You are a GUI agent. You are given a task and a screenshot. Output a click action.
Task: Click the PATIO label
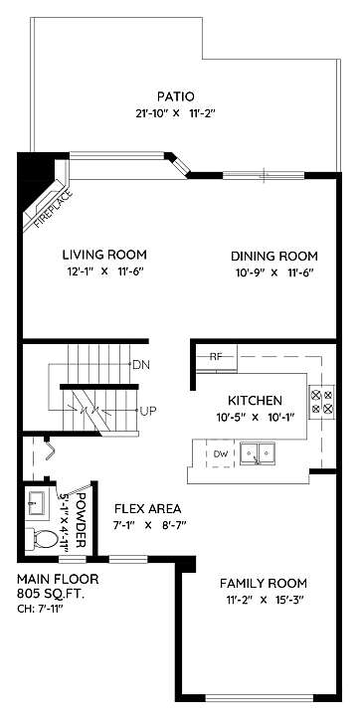tap(176, 96)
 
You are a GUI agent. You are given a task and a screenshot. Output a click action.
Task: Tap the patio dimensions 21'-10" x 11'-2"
tap(176, 113)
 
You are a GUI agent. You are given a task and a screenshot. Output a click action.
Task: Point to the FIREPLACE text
tap(54, 208)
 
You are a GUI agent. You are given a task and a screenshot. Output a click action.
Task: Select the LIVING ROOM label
tap(104, 255)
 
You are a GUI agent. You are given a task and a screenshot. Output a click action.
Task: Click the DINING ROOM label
tap(274, 256)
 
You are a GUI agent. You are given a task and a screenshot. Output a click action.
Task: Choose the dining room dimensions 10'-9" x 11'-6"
tap(274, 272)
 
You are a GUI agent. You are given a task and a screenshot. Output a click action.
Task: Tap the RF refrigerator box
tap(216, 358)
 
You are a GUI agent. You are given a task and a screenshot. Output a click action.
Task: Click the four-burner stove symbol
tap(322, 401)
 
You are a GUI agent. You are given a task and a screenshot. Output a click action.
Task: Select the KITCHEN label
tap(255, 401)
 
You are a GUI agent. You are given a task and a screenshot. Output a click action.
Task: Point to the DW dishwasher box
tap(221, 453)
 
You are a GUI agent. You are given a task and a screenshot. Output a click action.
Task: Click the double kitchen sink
tap(258, 453)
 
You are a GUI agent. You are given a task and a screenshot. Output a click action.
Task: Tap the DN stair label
tap(141, 365)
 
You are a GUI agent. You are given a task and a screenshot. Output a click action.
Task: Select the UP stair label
tap(147, 411)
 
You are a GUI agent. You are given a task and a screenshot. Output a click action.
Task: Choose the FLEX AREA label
tap(147, 508)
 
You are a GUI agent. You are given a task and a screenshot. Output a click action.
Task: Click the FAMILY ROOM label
tap(264, 584)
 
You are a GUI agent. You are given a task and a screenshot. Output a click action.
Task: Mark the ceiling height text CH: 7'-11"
tap(41, 610)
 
